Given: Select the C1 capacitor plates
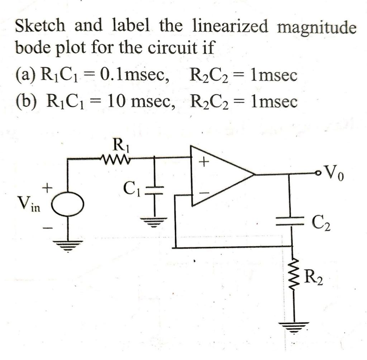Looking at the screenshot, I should [x=155, y=189].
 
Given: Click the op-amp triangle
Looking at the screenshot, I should [x=219, y=176].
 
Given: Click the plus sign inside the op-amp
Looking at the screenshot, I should [x=203, y=163].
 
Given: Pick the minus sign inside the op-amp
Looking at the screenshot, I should [x=203, y=193].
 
